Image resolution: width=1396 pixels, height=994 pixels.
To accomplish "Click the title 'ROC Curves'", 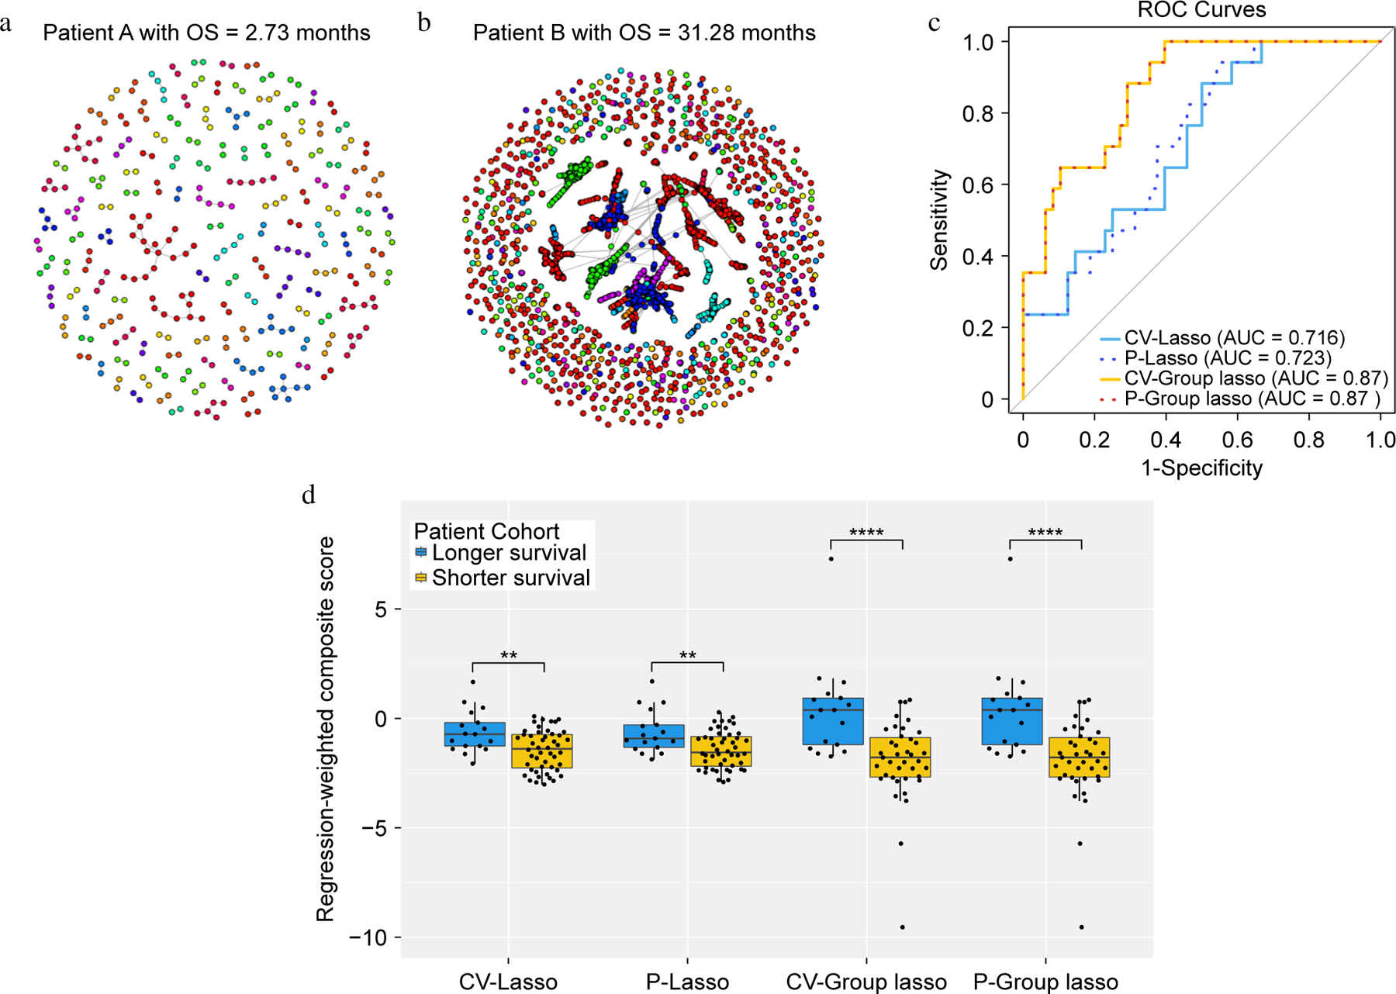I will click(x=1201, y=10).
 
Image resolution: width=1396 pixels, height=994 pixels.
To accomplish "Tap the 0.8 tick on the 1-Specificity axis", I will click(x=1309, y=440).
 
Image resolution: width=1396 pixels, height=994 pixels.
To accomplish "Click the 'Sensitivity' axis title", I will click(x=940, y=220).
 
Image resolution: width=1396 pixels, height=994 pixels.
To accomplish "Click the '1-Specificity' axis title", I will click(x=1201, y=468).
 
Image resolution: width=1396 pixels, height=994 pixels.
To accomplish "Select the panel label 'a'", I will click(x=6, y=24).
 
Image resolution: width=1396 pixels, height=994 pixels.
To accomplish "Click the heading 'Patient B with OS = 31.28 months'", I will click(x=644, y=33).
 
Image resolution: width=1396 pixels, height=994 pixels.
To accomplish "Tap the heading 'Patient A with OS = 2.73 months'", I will click(x=206, y=33).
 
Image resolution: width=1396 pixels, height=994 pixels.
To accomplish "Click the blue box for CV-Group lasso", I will click(x=834, y=721).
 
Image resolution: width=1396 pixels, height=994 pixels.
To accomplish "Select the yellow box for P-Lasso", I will click(x=721, y=751).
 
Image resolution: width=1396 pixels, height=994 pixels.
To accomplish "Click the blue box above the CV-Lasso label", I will click(x=475, y=734).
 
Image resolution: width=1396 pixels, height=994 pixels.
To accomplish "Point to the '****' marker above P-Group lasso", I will click(x=1045, y=533).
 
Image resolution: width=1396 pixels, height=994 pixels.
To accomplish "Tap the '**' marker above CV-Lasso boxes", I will click(x=509, y=656).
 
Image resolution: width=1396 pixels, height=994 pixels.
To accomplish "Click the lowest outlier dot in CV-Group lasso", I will click(x=902, y=927).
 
